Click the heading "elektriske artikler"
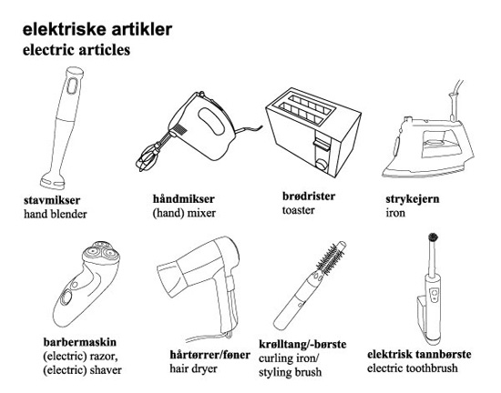click(97, 29)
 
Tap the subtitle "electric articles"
click(77, 50)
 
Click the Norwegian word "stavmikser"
click(52, 200)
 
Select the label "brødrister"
click(309, 196)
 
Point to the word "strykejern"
click(413, 199)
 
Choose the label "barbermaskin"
click(80, 342)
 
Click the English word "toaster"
click(299, 210)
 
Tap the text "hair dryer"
click(193, 368)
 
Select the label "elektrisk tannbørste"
click(419, 354)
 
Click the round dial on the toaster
click(322, 165)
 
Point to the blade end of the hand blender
click(53, 181)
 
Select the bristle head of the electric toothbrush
click(433, 237)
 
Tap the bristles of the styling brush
click(330, 258)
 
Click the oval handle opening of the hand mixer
click(211, 122)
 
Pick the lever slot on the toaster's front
click(321, 144)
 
